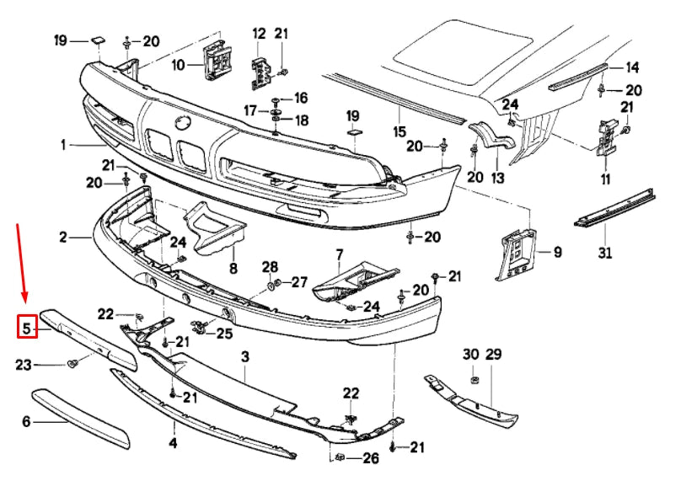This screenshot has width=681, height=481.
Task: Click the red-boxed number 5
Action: pyautogui.click(x=27, y=327)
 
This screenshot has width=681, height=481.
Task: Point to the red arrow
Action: pyautogui.click(x=23, y=260)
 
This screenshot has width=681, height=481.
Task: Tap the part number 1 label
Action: pyautogui.click(x=63, y=145)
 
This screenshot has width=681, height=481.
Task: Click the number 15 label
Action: pyautogui.click(x=399, y=132)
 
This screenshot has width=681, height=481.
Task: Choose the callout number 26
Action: pyautogui.click(x=371, y=459)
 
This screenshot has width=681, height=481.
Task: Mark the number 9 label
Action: pyautogui.click(x=557, y=252)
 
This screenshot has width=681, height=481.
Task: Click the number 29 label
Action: pyautogui.click(x=493, y=355)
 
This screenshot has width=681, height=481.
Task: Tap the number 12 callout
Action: pyautogui.click(x=259, y=34)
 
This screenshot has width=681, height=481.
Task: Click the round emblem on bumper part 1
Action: pyautogui.click(x=183, y=123)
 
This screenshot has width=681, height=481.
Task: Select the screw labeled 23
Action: pyautogui.click(x=73, y=364)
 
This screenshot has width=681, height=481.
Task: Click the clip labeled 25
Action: pyautogui.click(x=200, y=327)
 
